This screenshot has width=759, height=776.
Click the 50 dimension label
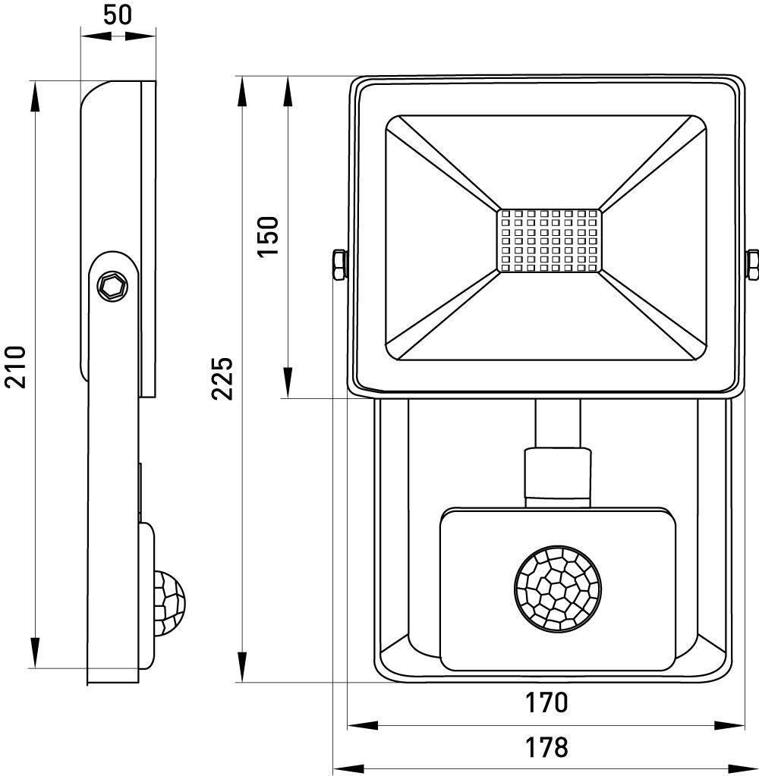coord(118,15)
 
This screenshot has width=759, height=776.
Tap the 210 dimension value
coord(15,366)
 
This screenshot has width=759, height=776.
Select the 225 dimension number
coord(222,377)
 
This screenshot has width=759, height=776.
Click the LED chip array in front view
coord(549,240)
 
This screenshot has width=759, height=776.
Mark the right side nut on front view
coord(752,265)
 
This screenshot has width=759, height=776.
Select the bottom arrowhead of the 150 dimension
coord(288,382)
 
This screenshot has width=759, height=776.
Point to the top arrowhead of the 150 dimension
coord(288,93)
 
